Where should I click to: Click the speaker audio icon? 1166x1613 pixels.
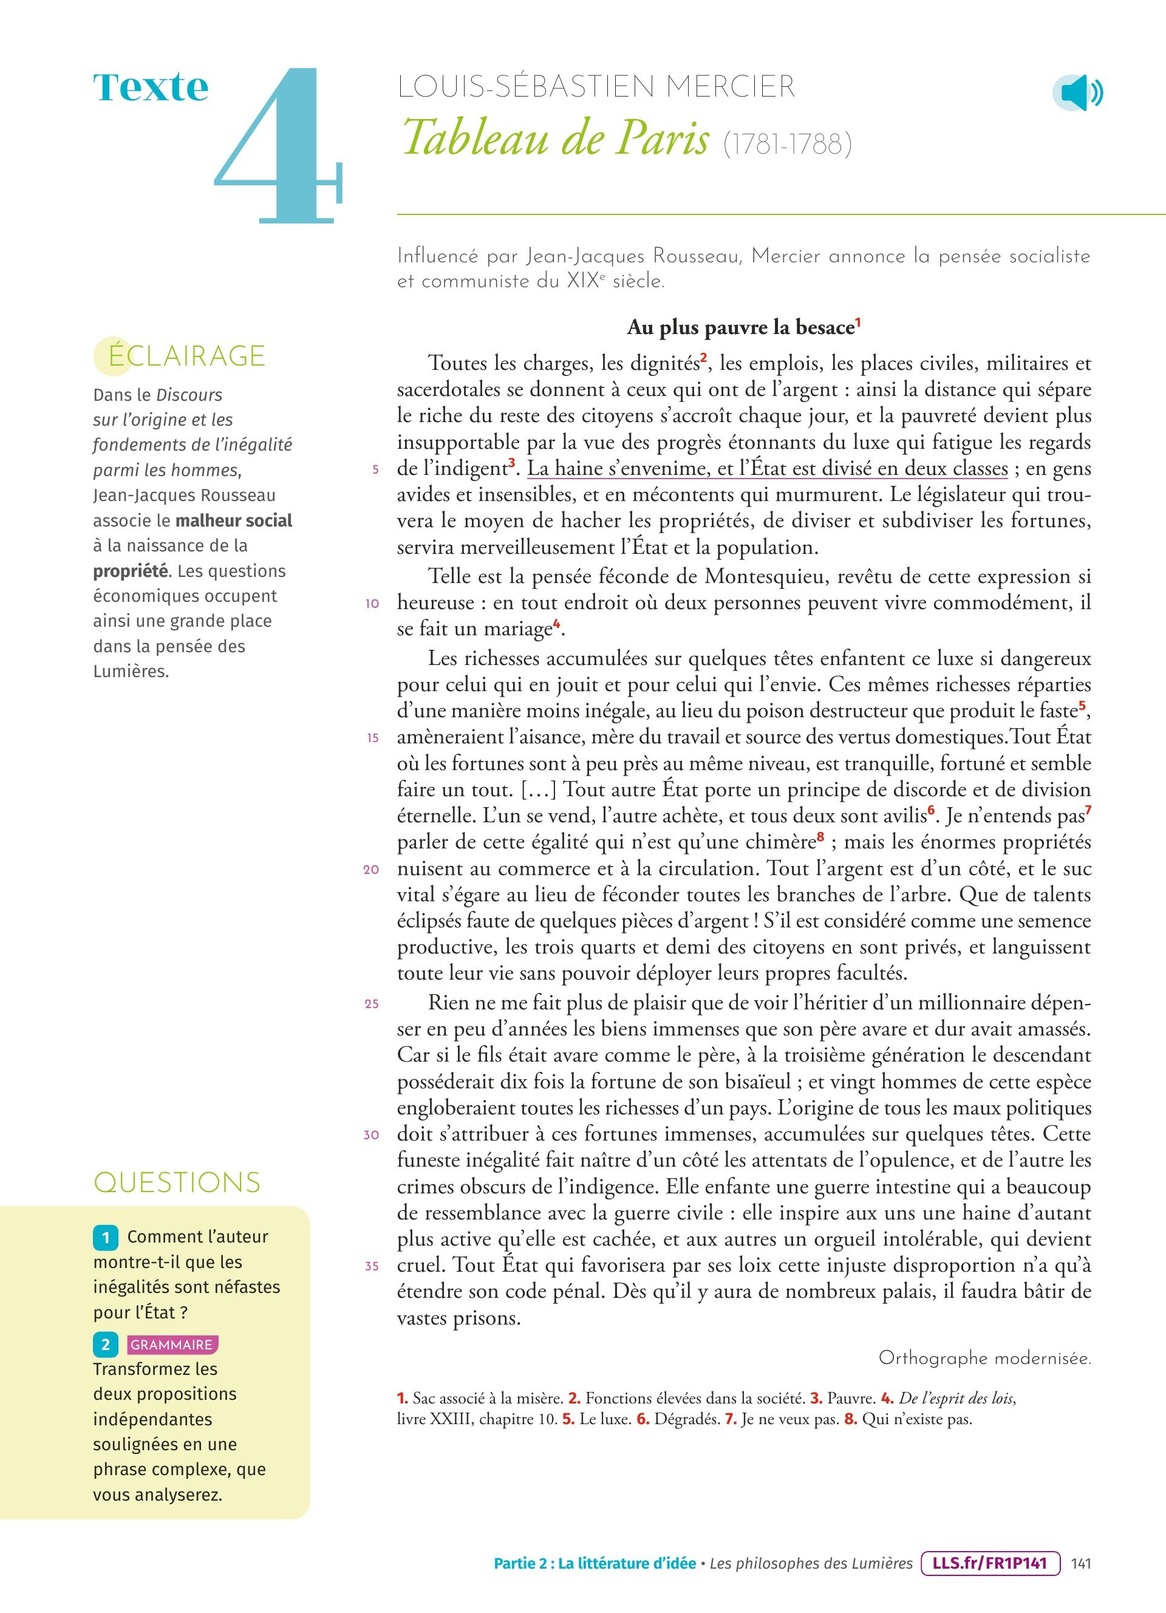point(1077,93)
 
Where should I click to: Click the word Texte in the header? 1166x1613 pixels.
point(151,88)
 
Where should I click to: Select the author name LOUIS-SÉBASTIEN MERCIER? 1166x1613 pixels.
point(596,87)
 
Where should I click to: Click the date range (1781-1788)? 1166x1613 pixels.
point(787,145)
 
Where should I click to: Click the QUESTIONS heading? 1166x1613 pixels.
point(177,1182)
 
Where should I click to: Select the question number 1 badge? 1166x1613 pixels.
point(105,1238)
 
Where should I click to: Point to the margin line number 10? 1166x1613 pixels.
point(372,604)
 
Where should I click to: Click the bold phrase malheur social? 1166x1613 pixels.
point(234,520)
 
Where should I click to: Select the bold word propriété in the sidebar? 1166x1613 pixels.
point(130,571)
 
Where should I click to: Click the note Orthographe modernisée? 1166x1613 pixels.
point(984,1359)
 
